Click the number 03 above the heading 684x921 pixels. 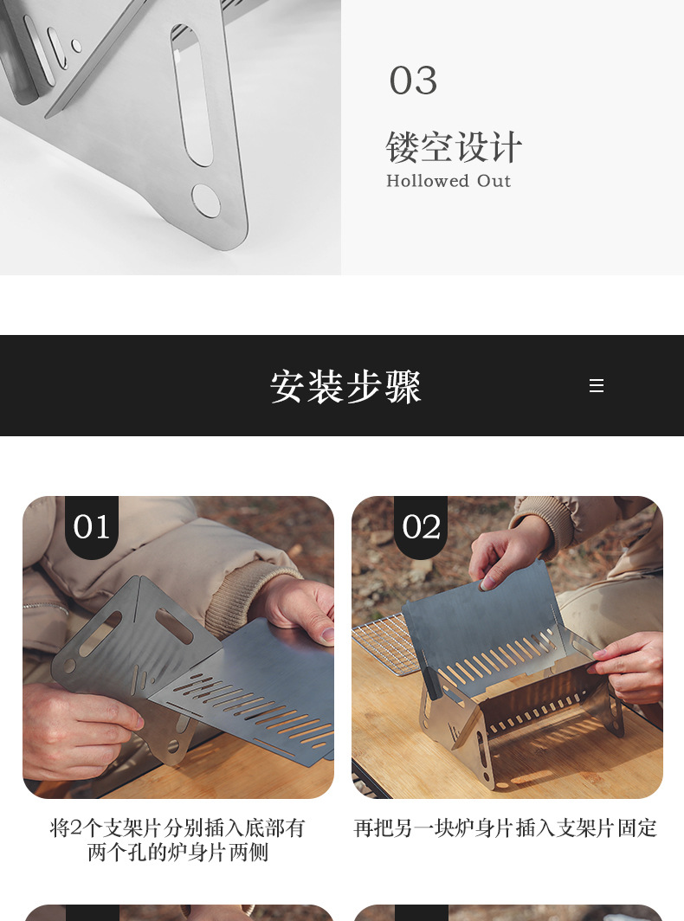tap(413, 81)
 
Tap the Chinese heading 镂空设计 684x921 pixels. tap(454, 147)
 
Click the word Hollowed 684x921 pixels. tap(428, 181)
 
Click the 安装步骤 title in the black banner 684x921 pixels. tap(345, 387)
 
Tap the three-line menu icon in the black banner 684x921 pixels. tap(597, 386)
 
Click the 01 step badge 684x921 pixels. tap(92, 526)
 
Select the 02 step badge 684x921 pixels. tap(421, 526)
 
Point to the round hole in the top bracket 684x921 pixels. tap(206, 200)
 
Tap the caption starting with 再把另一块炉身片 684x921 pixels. tap(506, 828)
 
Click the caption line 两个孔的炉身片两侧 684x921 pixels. tap(178, 853)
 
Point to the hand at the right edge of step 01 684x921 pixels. tap(303, 606)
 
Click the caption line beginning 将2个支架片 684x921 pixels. tap(178, 828)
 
